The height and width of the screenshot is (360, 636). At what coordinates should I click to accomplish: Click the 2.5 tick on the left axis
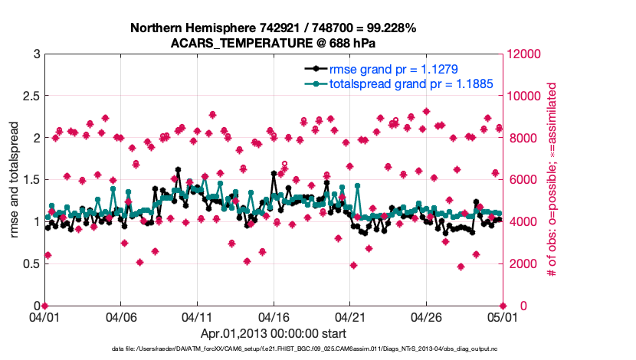[31, 97]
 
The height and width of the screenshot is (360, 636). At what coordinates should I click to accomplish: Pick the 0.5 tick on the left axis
[31, 264]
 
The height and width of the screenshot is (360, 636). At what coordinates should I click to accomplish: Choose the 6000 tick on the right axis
[521, 180]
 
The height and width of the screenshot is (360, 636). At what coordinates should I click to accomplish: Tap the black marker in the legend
[313, 70]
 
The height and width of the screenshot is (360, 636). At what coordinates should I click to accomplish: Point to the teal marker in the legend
[313, 83]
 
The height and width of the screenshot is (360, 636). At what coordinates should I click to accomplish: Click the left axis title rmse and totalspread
[15, 180]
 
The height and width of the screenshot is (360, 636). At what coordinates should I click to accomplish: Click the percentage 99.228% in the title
[388, 28]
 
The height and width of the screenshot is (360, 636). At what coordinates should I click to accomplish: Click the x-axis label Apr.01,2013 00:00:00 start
[273, 334]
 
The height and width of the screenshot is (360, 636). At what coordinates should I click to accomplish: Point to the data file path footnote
[318, 349]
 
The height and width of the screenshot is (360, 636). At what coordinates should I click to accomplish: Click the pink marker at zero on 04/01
[44, 306]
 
